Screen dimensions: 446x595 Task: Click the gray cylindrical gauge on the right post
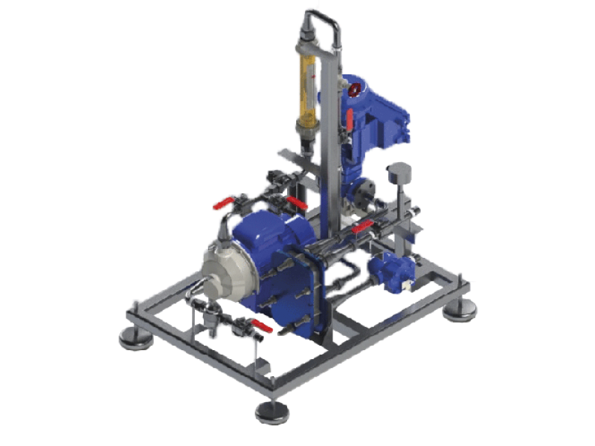[x=400, y=172]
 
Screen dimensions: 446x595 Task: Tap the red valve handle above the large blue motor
[x=296, y=202]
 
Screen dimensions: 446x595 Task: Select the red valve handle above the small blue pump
[x=361, y=227]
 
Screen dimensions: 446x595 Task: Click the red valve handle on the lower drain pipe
[x=260, y=326]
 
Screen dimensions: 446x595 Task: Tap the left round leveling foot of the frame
[x=135, y=337]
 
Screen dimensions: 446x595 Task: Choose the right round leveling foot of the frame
[x=459, y=310]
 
